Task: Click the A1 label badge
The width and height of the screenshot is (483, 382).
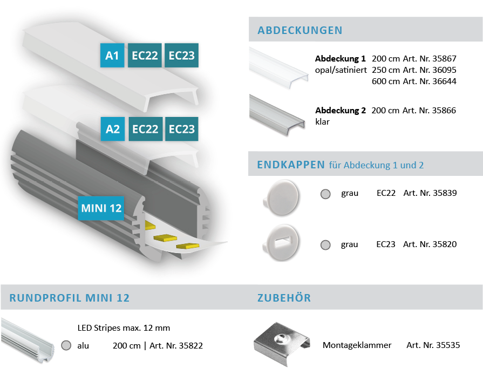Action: tap(112, 56)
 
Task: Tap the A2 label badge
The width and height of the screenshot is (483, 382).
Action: tap(113, 129)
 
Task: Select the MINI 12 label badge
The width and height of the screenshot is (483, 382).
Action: tap(101, 208)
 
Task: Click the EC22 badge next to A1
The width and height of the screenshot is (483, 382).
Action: tap(145, 56)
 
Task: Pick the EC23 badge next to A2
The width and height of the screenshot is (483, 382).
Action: tap(182, 129)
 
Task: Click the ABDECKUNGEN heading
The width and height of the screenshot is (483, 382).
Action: tap(300, 30)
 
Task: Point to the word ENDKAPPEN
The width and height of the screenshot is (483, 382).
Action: tap(291, 165)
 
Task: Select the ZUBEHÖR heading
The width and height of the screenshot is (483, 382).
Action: tap(284, 298)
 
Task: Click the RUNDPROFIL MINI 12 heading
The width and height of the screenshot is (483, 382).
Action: tap(69, 298)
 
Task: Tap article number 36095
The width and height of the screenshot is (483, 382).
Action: tap(444, 70)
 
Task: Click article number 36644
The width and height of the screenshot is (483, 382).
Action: tap(444, 81)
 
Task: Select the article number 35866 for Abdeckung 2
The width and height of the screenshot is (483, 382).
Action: tap(444, 110)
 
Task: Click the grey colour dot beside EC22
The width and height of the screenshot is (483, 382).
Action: tap(325, 194)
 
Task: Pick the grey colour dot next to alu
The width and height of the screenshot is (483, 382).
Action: tap(66, 345)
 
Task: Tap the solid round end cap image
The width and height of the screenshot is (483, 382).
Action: tap(281, 197)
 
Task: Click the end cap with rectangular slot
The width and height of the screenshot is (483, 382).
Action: tap(281, 243)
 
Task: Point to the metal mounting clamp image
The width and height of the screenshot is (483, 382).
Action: tap(282, 344)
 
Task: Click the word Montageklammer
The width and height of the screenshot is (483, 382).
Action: tap(357, 345)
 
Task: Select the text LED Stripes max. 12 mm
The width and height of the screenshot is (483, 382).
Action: tap(124, 328)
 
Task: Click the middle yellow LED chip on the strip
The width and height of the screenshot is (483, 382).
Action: tap(166, 238)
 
